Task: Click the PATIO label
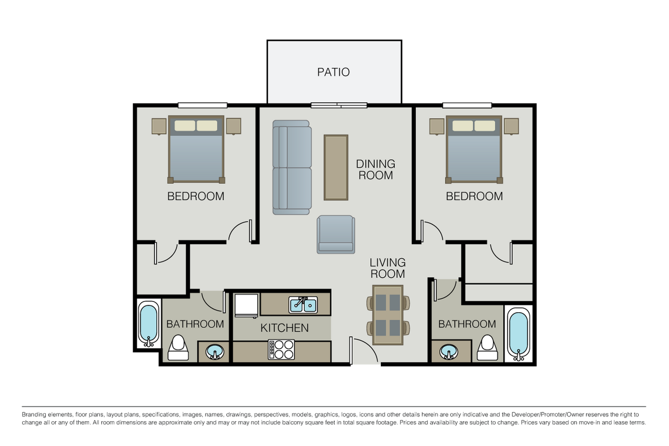[333, 72]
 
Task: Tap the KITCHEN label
[284, 328]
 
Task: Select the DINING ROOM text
[375, 169]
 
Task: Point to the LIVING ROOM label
[387, 268]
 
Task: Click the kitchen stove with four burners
[282, 349]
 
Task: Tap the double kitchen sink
[303, 305]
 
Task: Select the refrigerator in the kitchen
[247, 305]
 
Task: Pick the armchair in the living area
[336, 234]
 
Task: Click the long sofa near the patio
[292, 167]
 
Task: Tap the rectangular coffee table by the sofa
[336, 167]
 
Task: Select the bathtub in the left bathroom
[148, 324]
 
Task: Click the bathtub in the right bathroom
[518, 332]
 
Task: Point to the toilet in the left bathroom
[178, 348]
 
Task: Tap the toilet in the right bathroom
[487, 348]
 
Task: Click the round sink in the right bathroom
[447, 353]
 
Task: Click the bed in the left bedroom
[196, 149]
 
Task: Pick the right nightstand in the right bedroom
[510, 126]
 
